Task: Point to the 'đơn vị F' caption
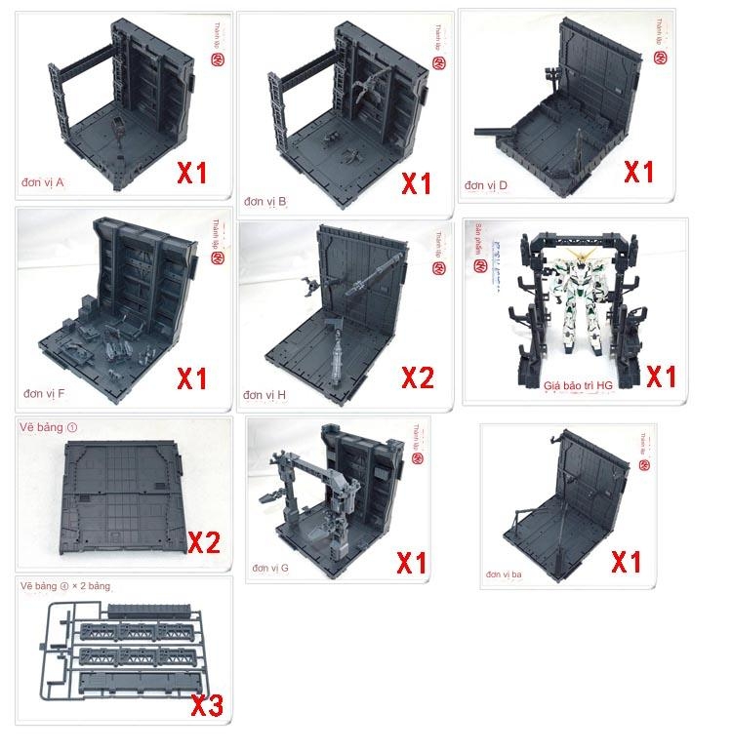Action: [45, 393]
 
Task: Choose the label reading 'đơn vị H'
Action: [264, 395]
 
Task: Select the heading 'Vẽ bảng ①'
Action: [48, 427]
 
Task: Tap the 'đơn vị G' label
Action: [270, 567]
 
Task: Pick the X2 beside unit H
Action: [413, 377]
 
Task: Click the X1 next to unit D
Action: [638, 173]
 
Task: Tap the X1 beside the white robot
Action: [662, 376]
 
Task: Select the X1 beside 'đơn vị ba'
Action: [625, 562]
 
